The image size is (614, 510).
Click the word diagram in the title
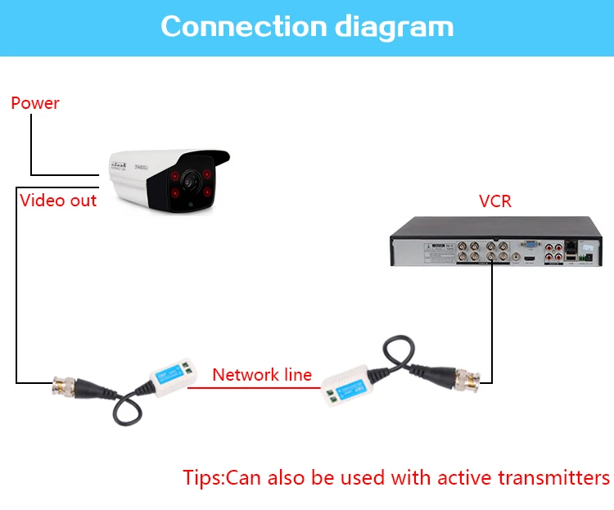394,28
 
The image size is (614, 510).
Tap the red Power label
35,103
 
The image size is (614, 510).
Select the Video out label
58,201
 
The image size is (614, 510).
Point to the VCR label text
495,201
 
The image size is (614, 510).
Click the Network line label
262,375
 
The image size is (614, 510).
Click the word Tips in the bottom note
201,478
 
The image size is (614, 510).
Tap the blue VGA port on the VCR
530,244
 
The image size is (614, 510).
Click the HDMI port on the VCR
530,259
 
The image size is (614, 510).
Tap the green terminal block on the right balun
330,399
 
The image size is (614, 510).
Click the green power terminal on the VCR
586,260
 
